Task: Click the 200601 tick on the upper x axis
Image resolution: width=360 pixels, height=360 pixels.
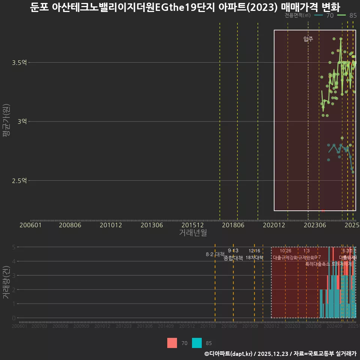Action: [x=30, y=225]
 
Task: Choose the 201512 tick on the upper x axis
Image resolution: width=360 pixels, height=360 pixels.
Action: [x=192, y=225]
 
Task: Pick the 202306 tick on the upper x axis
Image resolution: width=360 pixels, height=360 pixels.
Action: [x=314, y=225]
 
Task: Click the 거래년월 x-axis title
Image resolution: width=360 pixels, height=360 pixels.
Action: [x=193, y=232]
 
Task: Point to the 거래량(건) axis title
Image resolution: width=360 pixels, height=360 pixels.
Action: [x=6, y=282]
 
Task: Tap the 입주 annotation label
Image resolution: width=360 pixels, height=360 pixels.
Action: [x=308, y=39]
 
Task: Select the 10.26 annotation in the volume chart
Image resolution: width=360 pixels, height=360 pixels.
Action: [x=285, y=251]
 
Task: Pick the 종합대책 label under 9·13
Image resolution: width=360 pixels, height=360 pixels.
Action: [x=233, y=258]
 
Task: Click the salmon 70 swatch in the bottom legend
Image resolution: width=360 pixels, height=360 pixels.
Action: [x=172, y=343]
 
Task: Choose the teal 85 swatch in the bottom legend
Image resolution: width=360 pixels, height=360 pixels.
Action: [x=197, y=343]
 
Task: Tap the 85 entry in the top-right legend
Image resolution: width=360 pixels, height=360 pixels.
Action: [x=352, y=15]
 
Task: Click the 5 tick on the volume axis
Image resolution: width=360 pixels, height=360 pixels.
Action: [x=14, y=247]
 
